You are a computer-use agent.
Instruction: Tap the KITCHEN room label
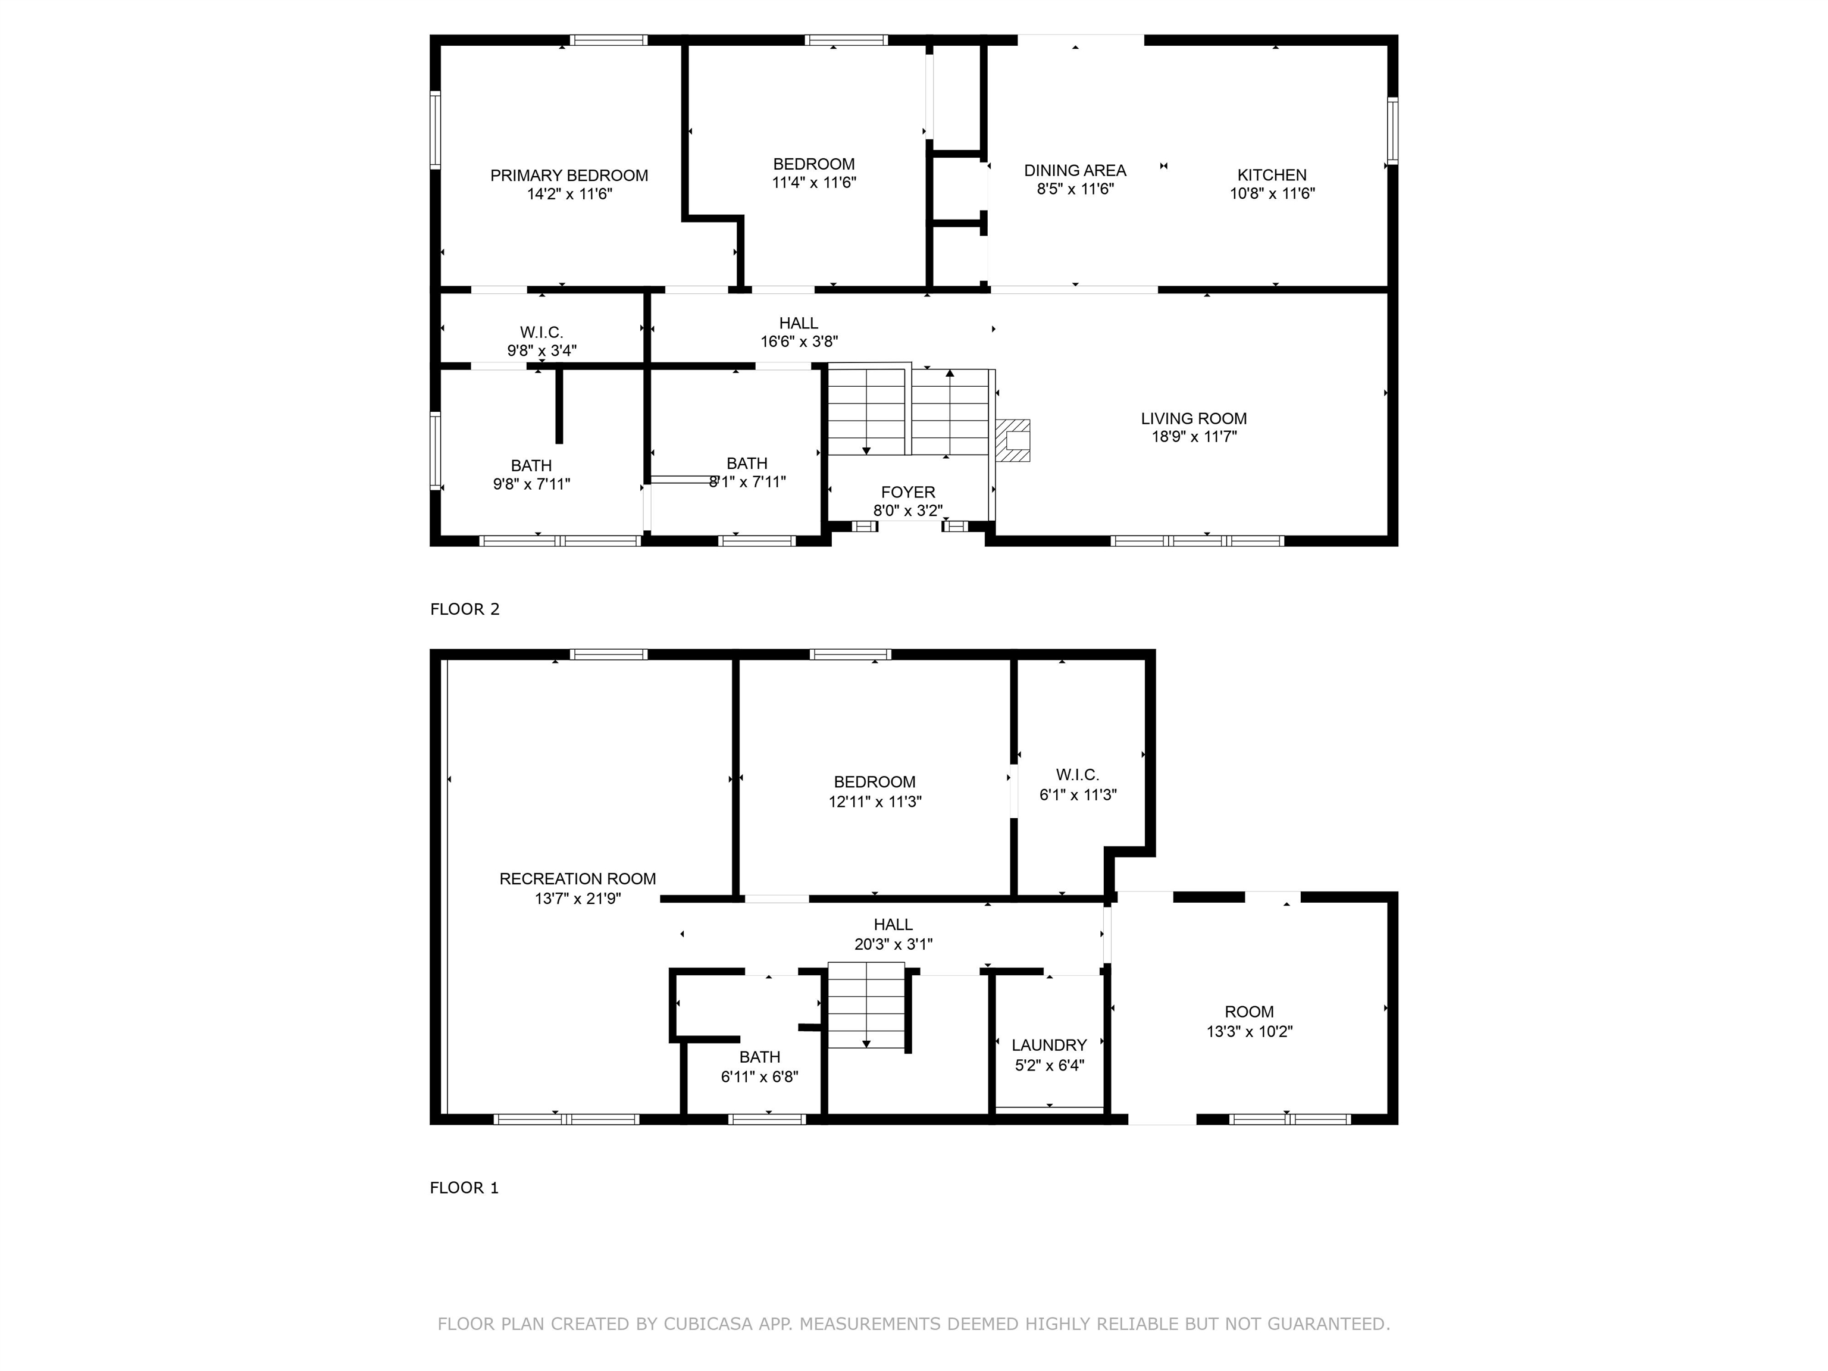point(1272,175)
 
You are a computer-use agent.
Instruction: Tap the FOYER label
point(908,493)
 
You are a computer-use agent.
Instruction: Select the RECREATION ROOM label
point(578,879)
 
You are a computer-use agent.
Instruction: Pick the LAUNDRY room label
point(1048,1046)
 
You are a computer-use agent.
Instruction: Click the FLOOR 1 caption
point(464,1188)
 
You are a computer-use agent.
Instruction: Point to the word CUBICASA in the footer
point(708,1324)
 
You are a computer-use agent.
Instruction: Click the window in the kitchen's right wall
point(1392,130)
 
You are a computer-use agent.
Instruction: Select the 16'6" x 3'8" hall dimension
point(799,342)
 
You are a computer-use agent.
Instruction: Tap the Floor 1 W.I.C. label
point(1078,775)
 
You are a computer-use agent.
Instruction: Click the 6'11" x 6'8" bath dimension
point(759,1077)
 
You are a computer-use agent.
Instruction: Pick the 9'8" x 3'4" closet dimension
point(542,350)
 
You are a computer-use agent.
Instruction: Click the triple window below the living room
point(1197,541)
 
